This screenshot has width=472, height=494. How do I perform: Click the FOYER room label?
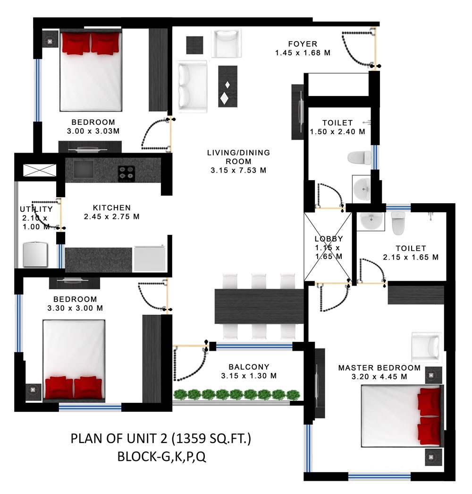pyautogui.click(x=303, y=44)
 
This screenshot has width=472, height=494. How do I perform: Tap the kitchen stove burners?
pyautogui.click(x=126, y=173)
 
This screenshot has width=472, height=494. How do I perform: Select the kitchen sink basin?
pyautogui.click(x=84, y=169)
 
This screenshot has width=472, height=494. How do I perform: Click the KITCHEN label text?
pyautogui.click(x=112, y=208)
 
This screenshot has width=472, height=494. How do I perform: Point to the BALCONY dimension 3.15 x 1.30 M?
pyautogui.click(x=249, y=376)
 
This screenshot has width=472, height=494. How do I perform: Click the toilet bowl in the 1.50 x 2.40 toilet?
pyautogui.click(x=359, y=157)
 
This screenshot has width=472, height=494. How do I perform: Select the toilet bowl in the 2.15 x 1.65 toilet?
pyautogui.click(x=398, y=223)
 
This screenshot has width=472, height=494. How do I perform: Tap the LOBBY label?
pyautogui.click(x=329, y=239)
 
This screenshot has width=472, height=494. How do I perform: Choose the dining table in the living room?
pyautogui.click(x=259, y=306)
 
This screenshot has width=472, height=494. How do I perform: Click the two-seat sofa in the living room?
pyautogui.click(x=192, y=87)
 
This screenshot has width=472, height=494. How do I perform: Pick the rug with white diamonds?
pyautogui.click(x=228, y=87)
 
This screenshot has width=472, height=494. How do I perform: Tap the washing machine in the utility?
pyautogui.click(x=35, y=254)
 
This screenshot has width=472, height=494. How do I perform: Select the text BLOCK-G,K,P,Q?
pyautogui.click(x=162, y=457)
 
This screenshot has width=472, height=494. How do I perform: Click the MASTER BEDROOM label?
pyautogui.click(x=379, y=368)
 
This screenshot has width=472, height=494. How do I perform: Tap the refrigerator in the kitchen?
pyautogui.click(x=150, y=259)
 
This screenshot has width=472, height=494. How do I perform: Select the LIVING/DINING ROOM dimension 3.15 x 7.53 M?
pyautogui.click(x=238, y=171)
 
